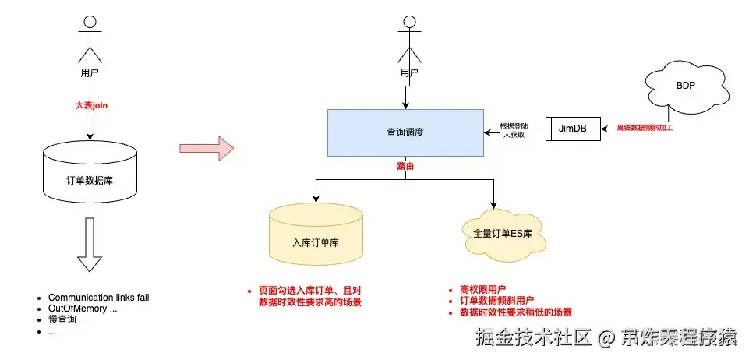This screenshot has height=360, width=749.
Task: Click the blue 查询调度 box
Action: (x=405, y=132)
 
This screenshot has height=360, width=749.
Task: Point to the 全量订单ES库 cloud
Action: (x=496, y=233)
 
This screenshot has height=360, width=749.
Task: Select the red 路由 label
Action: (x=405, y=166)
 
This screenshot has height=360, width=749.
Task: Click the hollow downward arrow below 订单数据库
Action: (x=90, y=243)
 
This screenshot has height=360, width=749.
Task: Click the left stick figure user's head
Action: (x=90, y=22)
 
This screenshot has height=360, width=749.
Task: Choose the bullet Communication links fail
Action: (x=98, y=298)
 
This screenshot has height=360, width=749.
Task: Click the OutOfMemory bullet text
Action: (x=83, y=309)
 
